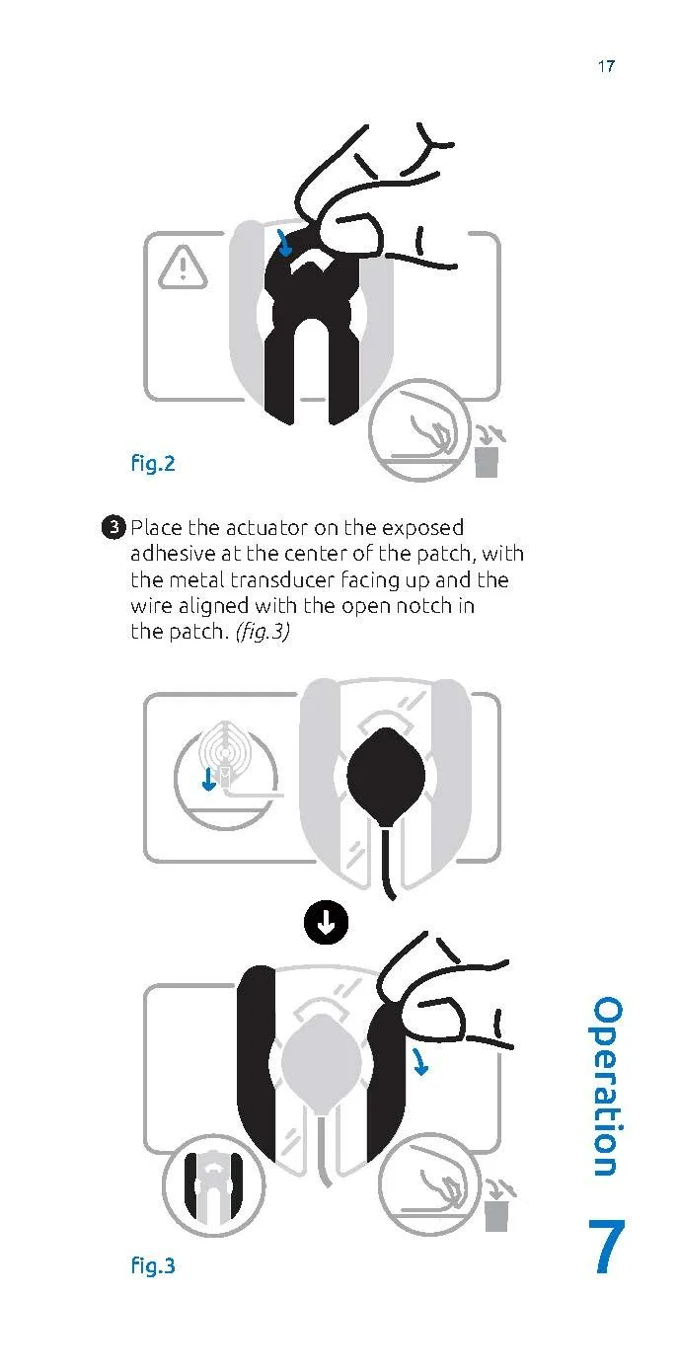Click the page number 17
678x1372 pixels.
coord(606,66)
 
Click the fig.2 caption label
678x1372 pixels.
coord(152,463)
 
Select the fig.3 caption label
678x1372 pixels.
coord(152,1264)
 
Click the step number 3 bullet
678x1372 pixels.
coord(114,527)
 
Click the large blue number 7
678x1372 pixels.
coord(606,1248)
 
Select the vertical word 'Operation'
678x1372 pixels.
coord(606,1086)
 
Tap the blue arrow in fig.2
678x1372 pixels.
coord(284,242)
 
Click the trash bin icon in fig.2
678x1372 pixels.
coord(487,458)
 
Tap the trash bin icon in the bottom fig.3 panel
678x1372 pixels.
coord(496,1211)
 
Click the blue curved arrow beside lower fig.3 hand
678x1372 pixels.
coord(420,1062)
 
